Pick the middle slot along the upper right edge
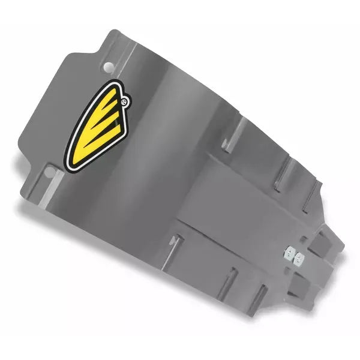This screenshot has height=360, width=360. (280, 174)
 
